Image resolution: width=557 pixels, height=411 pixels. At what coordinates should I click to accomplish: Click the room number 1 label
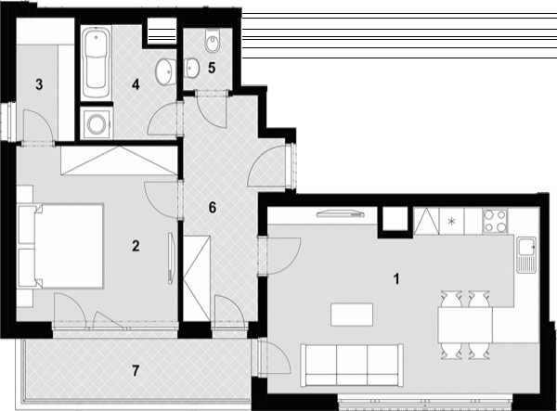(x=396, y=278)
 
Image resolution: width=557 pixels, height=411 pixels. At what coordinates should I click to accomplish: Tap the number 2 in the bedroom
(x=136, y=246)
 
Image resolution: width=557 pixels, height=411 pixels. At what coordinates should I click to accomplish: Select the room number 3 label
(x=39, y=84)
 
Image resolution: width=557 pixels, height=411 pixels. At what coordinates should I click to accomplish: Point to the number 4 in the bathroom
(x=136, y=84)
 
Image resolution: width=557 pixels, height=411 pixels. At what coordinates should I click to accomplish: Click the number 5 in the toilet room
(x=212, y=68)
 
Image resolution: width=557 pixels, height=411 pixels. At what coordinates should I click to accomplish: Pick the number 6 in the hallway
(x=212, y=207)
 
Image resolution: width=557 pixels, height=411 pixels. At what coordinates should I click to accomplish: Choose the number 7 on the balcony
(x=136, y=371)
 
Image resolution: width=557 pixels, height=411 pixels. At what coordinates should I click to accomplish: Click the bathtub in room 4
(x=96, y=63)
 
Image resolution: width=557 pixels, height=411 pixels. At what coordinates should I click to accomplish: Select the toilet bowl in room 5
(x=213, y=40)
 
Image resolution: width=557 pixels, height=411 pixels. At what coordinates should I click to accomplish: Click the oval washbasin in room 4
(x=165, y=72)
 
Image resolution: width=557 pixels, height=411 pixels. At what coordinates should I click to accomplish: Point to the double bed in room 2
(x=61, y=245)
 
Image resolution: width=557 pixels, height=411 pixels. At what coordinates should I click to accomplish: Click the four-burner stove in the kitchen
(x=495, y=221)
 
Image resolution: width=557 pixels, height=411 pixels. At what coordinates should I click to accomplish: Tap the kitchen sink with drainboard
(x=526, y=254)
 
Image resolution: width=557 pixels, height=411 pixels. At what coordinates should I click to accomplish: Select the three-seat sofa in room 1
(x=352, y=365)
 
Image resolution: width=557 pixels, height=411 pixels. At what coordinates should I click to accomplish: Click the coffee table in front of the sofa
(x=352, y=315)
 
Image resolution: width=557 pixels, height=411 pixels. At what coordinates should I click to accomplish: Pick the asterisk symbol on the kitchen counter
(x=451, y=222)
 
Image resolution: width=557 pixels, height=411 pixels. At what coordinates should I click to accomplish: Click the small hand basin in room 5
(x=191, y=67)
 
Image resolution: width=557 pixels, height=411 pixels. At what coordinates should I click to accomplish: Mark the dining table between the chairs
(x=465, y=325)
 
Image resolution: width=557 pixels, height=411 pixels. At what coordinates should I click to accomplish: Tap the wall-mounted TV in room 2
(x=171, y=258)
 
